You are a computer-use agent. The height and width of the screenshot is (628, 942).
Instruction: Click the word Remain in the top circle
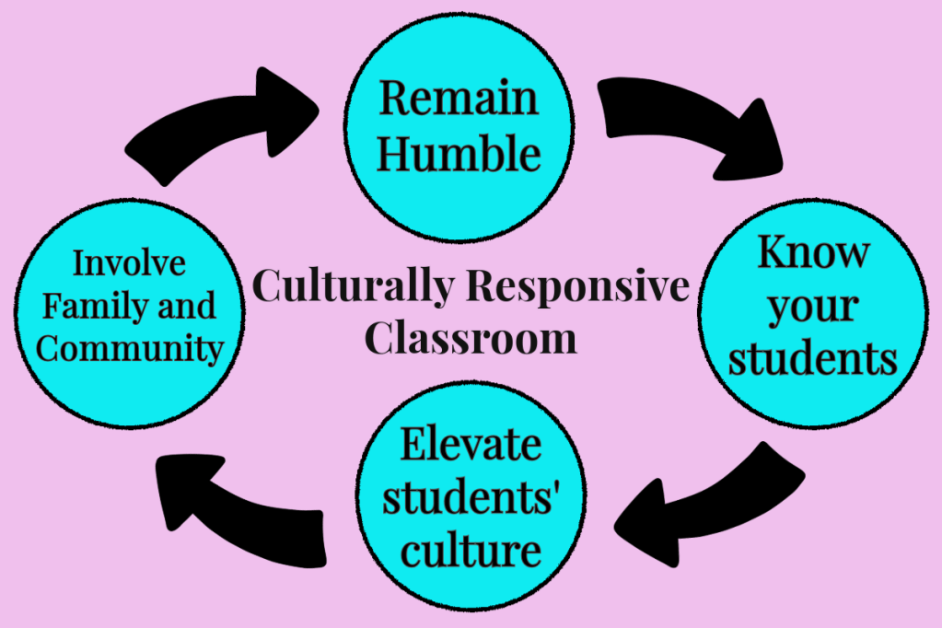click(x=459, y=98)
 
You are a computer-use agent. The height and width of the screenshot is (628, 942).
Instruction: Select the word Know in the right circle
click(x=812, y=252)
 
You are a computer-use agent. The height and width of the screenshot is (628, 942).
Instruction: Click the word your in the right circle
click(x=812, y=308)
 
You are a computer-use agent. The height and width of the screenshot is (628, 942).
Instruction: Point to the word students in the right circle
click(x=812, y=359)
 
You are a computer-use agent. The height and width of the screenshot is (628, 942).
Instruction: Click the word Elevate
click(x=471, y=445)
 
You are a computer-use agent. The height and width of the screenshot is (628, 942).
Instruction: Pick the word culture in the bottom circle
click(x=471, y=550)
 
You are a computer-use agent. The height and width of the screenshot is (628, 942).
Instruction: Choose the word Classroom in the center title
click(x=471, y=338)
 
